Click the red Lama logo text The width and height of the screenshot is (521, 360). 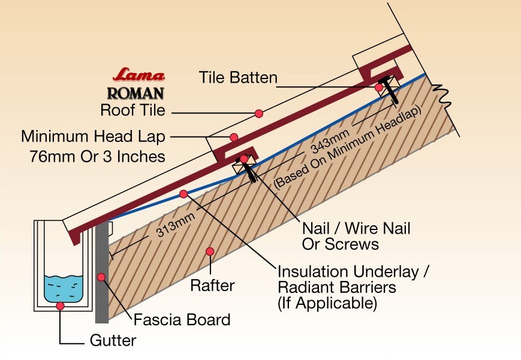[x=138, y=76]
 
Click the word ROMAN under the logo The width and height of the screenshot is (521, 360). [x=135, y=93]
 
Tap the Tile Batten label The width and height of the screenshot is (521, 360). [x=238, y=78]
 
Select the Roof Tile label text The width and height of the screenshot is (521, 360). [x=132, y=110]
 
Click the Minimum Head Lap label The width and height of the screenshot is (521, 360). [x=93, y=137]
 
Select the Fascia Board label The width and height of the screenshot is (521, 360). [x=182, y=319]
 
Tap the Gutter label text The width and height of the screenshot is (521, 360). [x=113, y=341]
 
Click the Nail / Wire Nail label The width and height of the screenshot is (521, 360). [x=356, y=228]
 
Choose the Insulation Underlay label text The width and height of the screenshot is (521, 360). [x=353, y=271]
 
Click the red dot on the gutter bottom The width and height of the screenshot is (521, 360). [x=61, y=305]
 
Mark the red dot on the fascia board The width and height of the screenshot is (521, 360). [x=101, y=277]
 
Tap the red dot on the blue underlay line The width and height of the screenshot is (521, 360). [x=183, y=193]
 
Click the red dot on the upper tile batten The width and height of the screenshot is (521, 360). [x=379, y=88]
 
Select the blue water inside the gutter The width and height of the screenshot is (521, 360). [x=63, y=288]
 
